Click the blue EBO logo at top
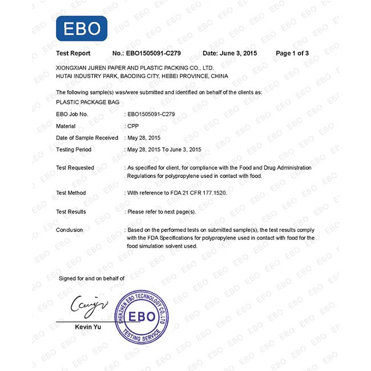[x=81, y=29]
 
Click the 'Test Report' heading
[x=73, y=53]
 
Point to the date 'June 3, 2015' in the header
[x=240, y=53]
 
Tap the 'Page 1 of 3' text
[x=292, y=53]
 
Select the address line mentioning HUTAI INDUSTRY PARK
[x=142, y=76]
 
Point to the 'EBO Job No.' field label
[x=72, y=114]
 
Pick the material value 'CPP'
[x=133, y=126]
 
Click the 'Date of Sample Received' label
[x=87, y=138]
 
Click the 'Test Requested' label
[x=75, y=168]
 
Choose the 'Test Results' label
[x=71, y=212]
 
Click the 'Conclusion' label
[x=70, y=230]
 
